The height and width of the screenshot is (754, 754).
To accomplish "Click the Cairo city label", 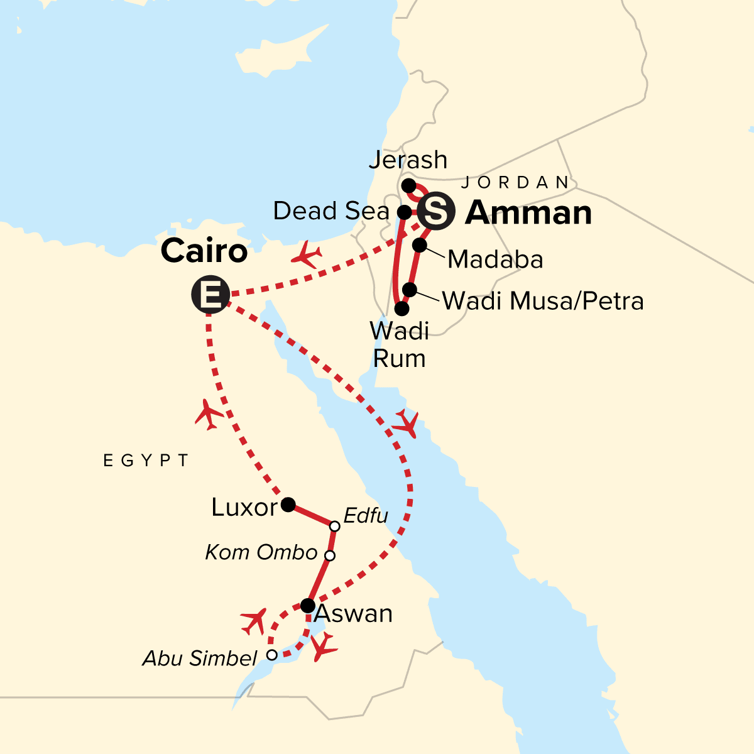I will tap(204, 252).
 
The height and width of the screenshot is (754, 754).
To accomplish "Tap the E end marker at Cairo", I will tap(210, 294).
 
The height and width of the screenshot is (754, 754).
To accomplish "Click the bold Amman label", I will tap(528, 213).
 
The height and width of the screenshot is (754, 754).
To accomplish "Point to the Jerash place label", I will tap(408, 160).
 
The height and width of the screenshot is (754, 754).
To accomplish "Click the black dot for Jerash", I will tap(408, 185).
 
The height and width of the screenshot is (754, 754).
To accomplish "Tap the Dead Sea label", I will tap(331, 211).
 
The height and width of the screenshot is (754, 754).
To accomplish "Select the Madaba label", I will tap(495, 260).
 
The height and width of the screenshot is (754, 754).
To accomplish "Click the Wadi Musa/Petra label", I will tap(543, 301).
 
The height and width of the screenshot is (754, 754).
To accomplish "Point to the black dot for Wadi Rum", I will tap(402, 309).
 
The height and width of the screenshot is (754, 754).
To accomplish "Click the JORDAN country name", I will tap(515, 183).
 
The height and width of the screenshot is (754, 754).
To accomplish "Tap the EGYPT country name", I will tap(146, 461).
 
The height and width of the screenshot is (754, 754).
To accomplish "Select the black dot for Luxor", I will tap(288, 504).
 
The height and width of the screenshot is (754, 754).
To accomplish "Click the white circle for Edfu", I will tap(335, 526).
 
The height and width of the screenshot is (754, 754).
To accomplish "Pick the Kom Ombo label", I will tap(261, 552).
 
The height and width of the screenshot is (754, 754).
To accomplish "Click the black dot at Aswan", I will tap(308, 606).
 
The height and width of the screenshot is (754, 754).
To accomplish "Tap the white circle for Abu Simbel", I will tap(271, 655).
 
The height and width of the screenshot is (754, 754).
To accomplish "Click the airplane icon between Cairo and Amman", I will tap(307, 256).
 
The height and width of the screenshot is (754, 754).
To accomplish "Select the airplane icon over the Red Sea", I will tap(406, 424).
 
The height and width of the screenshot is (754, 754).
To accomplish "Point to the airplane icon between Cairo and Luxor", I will tap(209, 415).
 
